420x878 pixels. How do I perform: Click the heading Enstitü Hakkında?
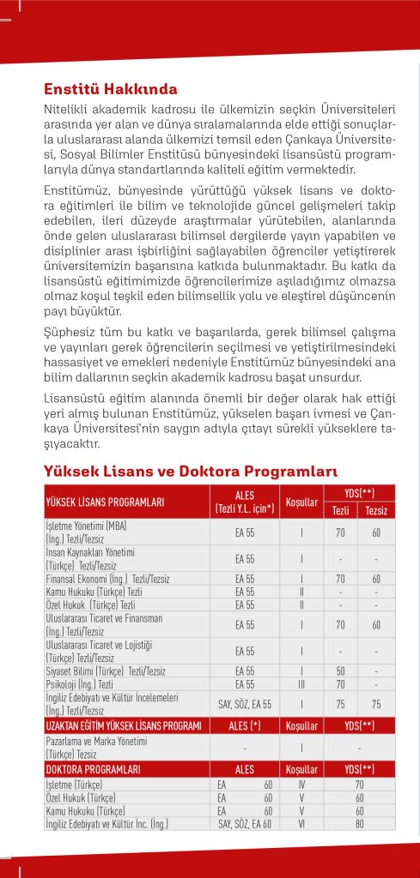click(x=111, y=88)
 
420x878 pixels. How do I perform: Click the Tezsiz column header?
click(x=375, y=510)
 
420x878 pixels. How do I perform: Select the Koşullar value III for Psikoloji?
click(x=302, y=685)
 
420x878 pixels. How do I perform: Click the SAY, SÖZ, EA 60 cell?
click(x=245, y=824)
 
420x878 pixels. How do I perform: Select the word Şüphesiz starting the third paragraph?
click(x=71, y=332)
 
